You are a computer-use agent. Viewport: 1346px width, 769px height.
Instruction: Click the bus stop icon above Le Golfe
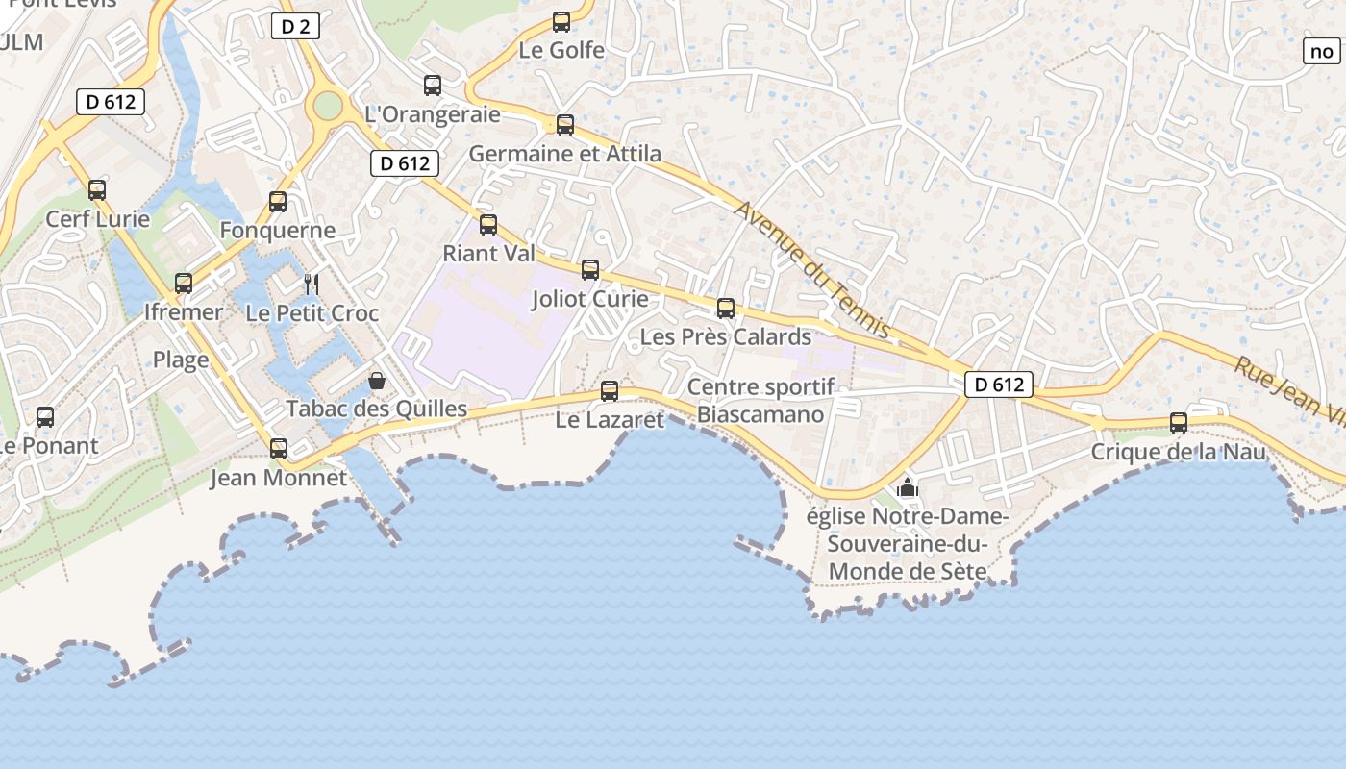point(561,22)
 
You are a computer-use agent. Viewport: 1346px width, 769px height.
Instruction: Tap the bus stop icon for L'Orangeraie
point(433,86)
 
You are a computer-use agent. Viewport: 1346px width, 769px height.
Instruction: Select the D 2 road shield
point(295,26)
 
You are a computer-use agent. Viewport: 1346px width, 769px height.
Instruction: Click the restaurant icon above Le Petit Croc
point(312,284)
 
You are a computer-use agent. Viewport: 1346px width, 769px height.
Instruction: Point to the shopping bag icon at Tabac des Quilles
point(377,382)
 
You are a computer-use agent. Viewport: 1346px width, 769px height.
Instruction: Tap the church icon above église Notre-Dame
point(907,487)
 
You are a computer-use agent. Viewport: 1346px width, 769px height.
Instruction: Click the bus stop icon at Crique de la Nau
point(1179,422)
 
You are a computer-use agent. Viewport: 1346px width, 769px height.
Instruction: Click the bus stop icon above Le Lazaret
point(610,391)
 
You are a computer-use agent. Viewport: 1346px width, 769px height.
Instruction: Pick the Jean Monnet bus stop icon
point(279,449)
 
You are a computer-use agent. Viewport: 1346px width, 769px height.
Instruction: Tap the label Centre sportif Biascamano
point(760,401)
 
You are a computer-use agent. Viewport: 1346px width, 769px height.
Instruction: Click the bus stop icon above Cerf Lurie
point(97,190)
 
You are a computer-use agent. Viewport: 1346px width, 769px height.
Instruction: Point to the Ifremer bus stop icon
point(184,284)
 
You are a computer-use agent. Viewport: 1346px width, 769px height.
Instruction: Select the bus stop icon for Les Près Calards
point(726,309)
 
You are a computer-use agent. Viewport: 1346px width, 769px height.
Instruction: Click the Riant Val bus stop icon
point(488,225)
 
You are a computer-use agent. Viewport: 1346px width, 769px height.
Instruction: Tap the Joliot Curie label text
point(590,299)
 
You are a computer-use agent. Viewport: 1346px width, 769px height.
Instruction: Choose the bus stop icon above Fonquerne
point(278,202)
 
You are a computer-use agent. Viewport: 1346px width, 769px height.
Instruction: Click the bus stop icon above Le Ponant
point(45,417)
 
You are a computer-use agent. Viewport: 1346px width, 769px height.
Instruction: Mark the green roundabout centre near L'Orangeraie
point(328,106)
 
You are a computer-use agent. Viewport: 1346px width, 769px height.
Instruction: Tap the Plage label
point(181,360)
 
